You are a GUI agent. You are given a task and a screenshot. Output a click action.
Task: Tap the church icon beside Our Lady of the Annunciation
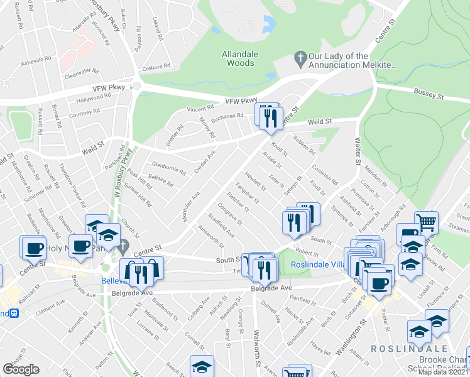click(300, 57)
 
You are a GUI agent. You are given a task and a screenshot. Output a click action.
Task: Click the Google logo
click(21, 369)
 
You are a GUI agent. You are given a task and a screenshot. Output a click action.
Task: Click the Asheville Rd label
click(35, 60)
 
